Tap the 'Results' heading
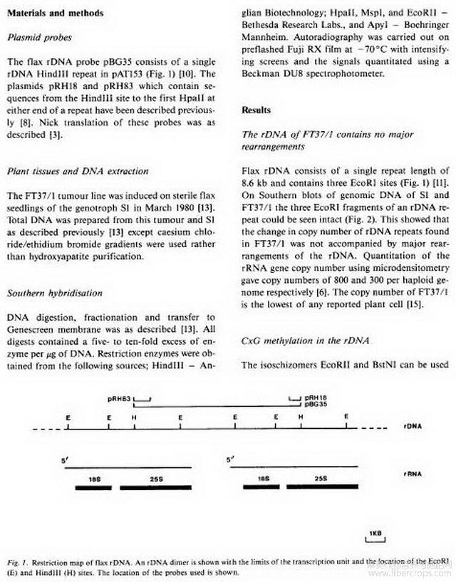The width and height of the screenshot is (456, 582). point(256,110)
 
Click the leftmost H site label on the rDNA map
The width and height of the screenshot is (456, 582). point(133,416)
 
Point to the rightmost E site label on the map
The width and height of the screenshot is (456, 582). point(346,416)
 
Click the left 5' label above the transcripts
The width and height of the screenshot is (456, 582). point(63,460)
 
